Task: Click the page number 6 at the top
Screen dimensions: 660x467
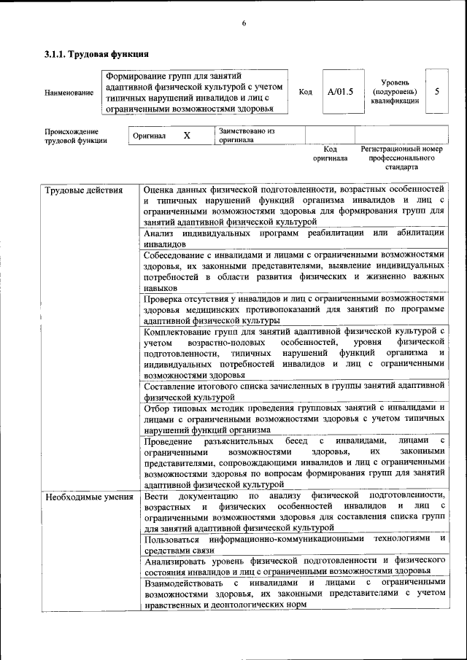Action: pyautogui.click(x=244, y=24)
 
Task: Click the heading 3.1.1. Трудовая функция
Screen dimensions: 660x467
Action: pyautogui.click(x=97, y=54)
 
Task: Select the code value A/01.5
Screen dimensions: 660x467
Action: pyautogui.click(x=340, y=92)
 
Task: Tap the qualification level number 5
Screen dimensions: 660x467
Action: pyautogui.click(x=436, y=92)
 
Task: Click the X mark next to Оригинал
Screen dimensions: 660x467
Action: pyautogui.click(x=187, y=136)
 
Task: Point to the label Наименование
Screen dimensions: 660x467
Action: pyautogui.click(x=69, y=93)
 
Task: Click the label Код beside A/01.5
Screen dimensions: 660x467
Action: pyautogui.click(x=306, y=92)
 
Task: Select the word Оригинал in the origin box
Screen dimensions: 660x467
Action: pyautogui.click(x=149, y=136)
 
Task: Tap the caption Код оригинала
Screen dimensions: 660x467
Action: pyautogui.click(x=330, y=153)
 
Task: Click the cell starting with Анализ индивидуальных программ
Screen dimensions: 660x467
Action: pyautogui.click(x=293, y=238)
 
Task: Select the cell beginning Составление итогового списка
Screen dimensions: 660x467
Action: pyautogui.click(x=293, y=391)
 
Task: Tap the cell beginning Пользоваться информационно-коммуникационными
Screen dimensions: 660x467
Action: pyautogui.click(x=293, y=544)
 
